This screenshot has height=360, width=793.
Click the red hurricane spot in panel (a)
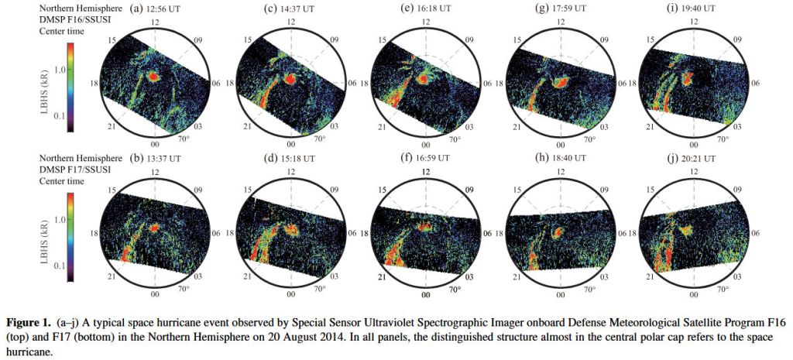(x=153, y=77)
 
